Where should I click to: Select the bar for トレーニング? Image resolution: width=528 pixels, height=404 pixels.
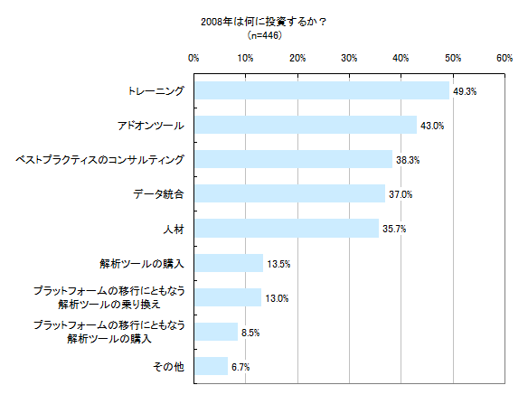click(322, 90)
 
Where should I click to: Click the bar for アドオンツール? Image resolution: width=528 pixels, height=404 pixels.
click(306, 125)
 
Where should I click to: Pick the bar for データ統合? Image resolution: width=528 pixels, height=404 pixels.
click(290, 193)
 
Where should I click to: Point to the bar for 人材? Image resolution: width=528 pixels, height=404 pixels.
click(287, 228)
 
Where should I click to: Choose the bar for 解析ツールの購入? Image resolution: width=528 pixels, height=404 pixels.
click(229, 263)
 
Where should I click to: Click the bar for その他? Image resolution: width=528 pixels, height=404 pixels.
click(211, 366)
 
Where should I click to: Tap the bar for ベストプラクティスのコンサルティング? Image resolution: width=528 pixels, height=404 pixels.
click(294, 159)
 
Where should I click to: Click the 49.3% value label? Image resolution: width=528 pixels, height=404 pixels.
click(465, 91)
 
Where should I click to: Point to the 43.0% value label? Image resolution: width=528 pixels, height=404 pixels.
click(432, 126)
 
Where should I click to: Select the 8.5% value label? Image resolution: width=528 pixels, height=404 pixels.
click(250, 333)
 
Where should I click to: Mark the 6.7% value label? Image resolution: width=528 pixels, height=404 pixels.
click(241, 367)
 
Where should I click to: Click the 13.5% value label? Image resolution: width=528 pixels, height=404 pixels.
click(278, 264)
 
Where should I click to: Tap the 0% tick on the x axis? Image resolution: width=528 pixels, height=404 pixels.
click(193, 58)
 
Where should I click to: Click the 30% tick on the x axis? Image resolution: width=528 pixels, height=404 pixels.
click(349, 58)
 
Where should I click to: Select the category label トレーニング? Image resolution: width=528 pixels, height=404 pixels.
click(154, 91)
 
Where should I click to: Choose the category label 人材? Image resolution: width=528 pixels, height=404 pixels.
click(173, 229)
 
